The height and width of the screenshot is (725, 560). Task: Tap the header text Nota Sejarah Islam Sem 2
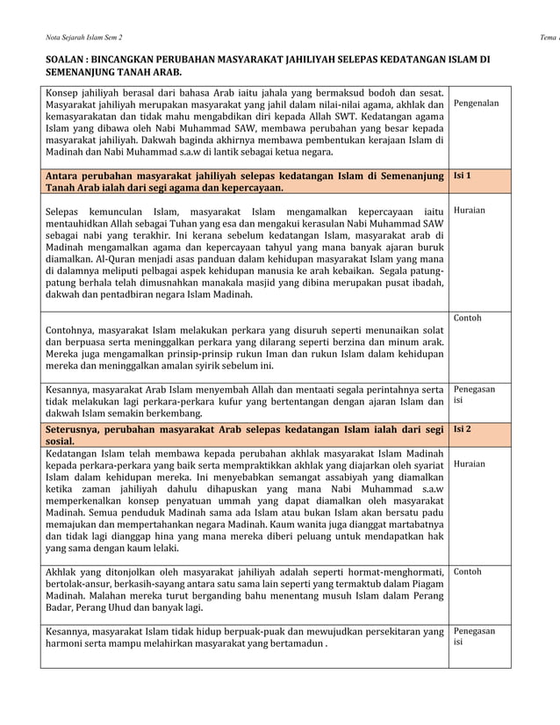click(84, 37)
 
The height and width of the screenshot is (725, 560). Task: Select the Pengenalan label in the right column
click(477, 104)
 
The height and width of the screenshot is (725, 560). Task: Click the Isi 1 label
click(462, 176)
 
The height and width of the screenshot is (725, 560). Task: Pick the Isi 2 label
click(462, 428)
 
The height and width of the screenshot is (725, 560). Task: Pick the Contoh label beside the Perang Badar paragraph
click(467, 571)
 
